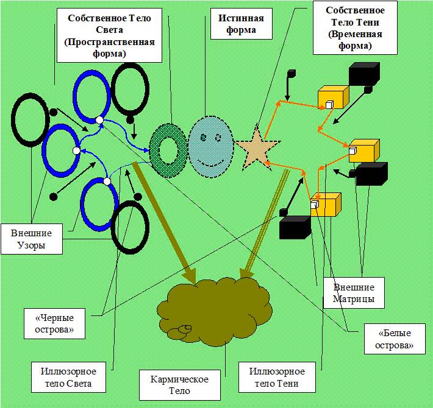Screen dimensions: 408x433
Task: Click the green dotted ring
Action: point(168,149)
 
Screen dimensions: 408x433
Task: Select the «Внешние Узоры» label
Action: point(31,239)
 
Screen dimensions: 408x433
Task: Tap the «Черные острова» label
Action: point(54,323)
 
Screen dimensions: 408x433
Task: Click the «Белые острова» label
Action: point(390,339)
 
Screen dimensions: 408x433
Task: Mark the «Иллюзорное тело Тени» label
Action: point(277,378)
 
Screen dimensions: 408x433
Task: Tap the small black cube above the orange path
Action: point(292,74)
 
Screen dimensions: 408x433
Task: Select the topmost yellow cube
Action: point(332,98)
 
